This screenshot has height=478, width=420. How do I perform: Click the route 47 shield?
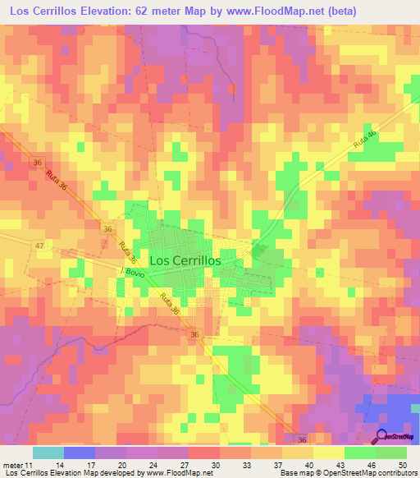39,246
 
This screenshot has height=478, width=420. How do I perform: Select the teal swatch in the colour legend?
48,453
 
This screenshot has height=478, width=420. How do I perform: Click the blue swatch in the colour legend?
79,453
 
